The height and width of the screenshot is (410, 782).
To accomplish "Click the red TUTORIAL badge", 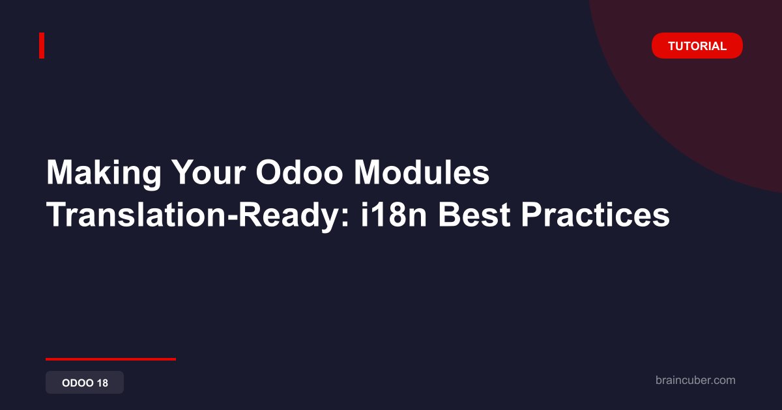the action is pyautogui.click(x=697, y=46).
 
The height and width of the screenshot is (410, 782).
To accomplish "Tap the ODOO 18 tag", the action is pyautogui.click(x=85, y=383).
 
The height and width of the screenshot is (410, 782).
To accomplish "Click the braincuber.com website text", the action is pyautogui.click(x=695, y=380).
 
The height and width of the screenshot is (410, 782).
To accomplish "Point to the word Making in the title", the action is pyautogui.click(x=104, y=173).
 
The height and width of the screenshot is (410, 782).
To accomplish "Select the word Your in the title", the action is pyautogui.click(x=209, y=172).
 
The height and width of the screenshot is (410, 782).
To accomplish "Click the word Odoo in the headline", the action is pyautogui.click(x=299, y=172).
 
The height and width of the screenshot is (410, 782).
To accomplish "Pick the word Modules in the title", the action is pyautogui.click(x=422, y=172).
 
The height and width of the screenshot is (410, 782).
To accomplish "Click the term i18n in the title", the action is pyautogui.click(x=394, y=215).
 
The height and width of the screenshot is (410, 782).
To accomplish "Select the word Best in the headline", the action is pyautogui.click(x=474, y=215).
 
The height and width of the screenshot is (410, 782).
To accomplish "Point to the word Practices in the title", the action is pyautogui.click(x=595, y=215).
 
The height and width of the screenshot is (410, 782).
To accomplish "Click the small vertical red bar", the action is pyautogui.click(x=42, y=46).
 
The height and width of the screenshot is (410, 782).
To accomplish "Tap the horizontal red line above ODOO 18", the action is pyautogui.click(x=111, y=359).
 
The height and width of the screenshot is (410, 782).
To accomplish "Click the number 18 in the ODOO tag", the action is pyautogui.click(x=102, y=383).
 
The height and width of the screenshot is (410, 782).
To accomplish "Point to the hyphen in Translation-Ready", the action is pyautogui.click(x=231, y=218).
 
